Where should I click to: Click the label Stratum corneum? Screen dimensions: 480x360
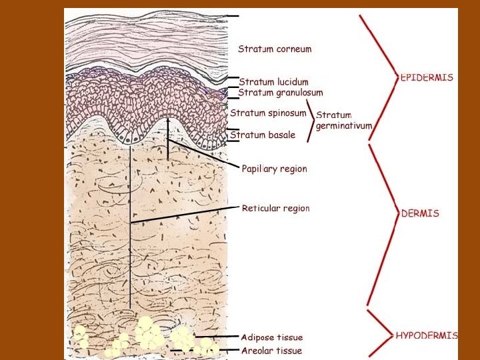[275, 49]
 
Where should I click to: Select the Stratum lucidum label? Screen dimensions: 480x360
[273, 82]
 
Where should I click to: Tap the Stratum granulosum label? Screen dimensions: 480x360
[281, 93]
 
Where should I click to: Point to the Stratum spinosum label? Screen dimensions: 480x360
[268, 113]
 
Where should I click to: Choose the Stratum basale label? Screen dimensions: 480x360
[263, 135]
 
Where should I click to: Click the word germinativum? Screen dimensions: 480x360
[343, 126]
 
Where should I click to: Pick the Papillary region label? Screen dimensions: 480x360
[274, 169]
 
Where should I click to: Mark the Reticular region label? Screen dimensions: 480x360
[275, 208]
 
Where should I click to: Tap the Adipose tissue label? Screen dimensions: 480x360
[271, 337]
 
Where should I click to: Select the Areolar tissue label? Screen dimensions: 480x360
[271, 351]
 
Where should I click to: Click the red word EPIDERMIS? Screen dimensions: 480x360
[427, 77]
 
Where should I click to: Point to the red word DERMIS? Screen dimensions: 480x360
[420, 214]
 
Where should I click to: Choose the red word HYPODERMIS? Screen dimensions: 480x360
[427, 335]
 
